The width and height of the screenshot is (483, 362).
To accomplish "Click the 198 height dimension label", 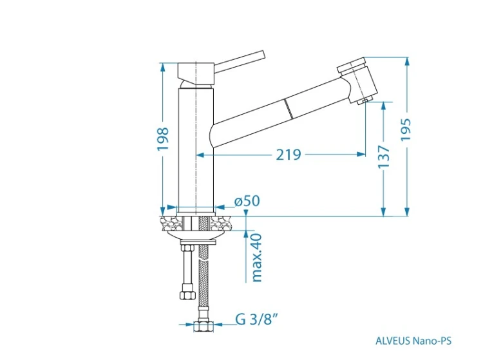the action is click(163, 138).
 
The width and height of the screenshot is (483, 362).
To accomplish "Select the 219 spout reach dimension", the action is click(289, 155).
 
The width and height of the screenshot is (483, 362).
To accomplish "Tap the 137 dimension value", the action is click(384, 157).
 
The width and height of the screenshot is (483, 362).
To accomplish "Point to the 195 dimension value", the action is click(406, 129).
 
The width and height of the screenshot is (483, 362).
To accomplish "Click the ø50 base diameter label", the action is click(247, 201).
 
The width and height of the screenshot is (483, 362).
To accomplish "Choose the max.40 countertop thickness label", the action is click(257, 258).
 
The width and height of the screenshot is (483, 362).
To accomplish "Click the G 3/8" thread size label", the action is click(255, 319).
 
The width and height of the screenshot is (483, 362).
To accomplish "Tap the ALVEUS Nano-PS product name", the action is click(413, 341).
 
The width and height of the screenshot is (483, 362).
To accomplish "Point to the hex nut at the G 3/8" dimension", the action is click(204, 327).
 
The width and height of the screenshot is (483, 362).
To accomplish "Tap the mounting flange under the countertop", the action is click(196, 235).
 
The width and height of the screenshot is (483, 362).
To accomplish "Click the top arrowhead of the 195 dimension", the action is click(407, 62).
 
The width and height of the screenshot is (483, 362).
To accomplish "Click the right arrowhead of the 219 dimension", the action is click(361, 155).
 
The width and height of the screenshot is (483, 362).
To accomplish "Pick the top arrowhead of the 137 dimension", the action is click(384, 106).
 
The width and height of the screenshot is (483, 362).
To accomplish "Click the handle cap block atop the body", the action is click(196, 74).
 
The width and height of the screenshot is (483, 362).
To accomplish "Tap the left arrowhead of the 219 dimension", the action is click(201, 155).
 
